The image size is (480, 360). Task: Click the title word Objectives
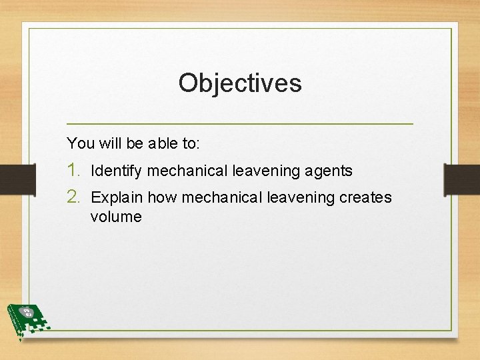click(x=240, y=83)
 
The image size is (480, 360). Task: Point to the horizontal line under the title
click(x=240, y=124)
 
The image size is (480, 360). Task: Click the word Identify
click(x=116, y=171)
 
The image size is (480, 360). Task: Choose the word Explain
click(x=117, y=198)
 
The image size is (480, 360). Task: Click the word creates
click(x=365, y=198)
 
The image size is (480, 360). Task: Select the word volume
click(x=116, y=217)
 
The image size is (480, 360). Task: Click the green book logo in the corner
click(x=27, y=320)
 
